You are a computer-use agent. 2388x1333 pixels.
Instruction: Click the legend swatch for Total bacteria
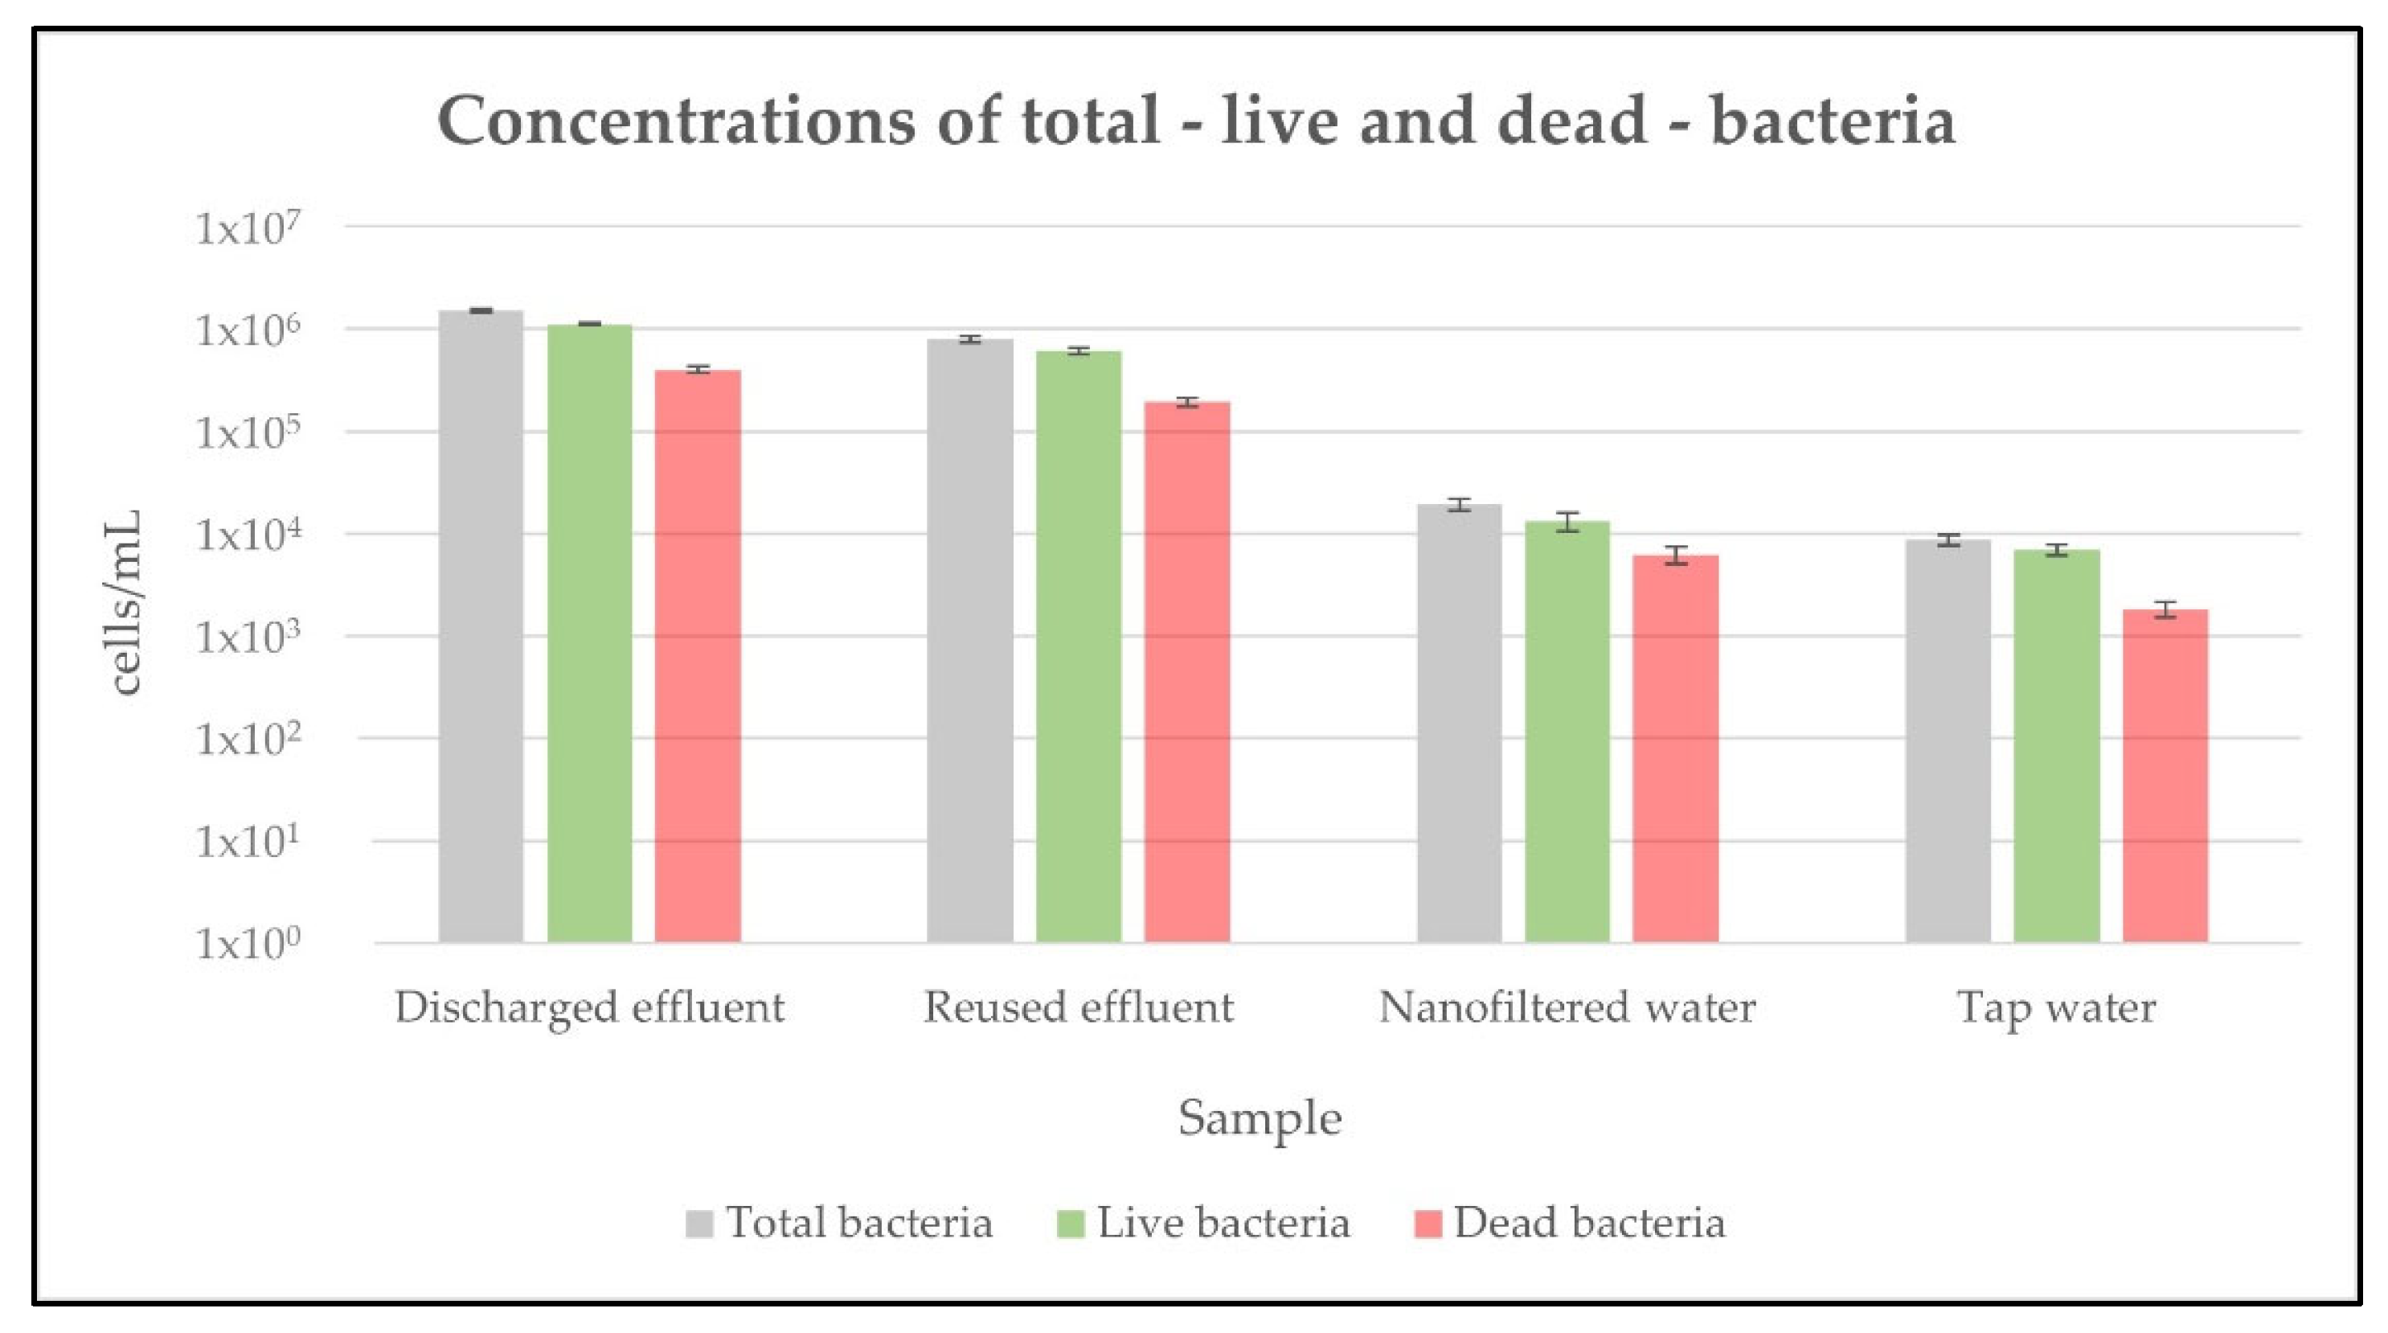coord(699,1224)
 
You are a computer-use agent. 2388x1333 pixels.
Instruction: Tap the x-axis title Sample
coord(1259,1118)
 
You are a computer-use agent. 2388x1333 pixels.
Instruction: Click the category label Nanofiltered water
coord(1567,1007)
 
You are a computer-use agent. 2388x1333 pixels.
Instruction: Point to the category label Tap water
coord(2056,1007)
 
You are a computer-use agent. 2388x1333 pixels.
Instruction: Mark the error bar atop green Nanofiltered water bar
coord(1567,522)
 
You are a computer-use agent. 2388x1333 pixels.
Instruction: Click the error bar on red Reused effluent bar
coord(1186,402)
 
